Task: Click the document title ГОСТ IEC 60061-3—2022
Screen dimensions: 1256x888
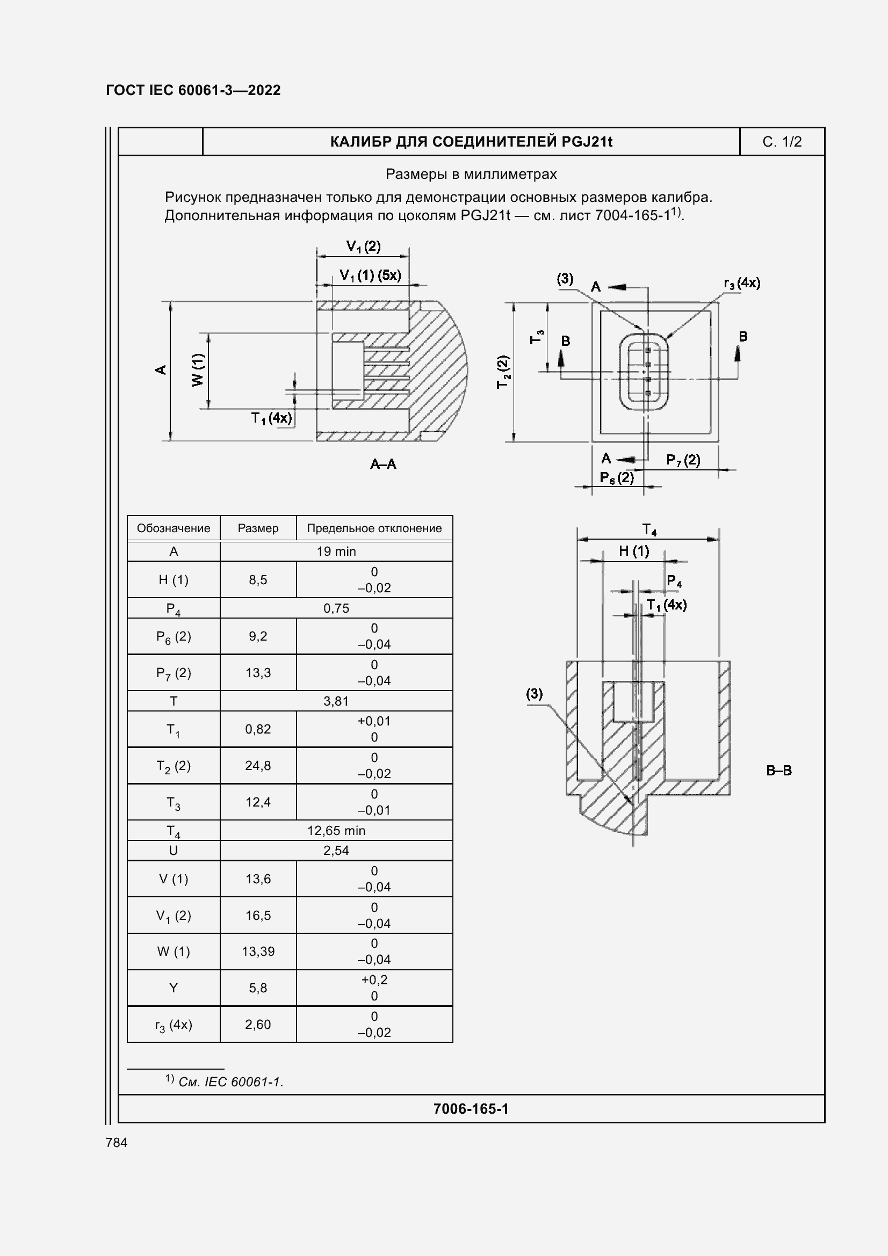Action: pyautogui.click(x=193, y=90)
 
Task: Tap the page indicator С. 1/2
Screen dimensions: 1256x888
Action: pyautogui.click(x=781, y=142)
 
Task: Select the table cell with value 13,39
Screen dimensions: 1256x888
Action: pyautogui.click(x=258, y=952)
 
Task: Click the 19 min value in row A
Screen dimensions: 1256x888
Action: pyautogui.click(x=336, y=551)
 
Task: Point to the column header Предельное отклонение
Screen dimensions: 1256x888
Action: pyautogui.click(x=374, y=528)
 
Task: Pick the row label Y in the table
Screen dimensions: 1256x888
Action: pyautogui.click(x=174, y=988)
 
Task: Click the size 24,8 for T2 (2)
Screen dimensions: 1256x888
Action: pyautogui.click(x=258, y=765)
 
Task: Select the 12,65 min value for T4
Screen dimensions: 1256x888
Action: pyautogui.click(x=336, y=830)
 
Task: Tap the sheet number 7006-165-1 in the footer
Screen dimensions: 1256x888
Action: pyautogui.click(x=471, y=1109)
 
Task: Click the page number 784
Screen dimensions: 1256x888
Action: pyautogui.click(x=117, y=1143)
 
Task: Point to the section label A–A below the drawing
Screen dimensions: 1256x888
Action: pyautogui.click(x=383, y=464)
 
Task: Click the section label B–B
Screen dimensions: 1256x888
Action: pyautogui.click(x=778, y=771)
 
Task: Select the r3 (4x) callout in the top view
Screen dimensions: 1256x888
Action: pyautogui.click(x=741, y=284)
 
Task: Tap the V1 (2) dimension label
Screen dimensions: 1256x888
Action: pyautogui.click(x=363, y=246)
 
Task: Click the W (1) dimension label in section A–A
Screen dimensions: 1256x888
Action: pyautogui.click(x=198, y=370)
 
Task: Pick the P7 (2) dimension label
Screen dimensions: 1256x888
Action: pyautogui.click(x=683, y=460)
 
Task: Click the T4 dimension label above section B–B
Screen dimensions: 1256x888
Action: pyautogui.click(x=649, y=529)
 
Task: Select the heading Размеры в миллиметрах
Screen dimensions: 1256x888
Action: pyautogui.click(x=471, y=175)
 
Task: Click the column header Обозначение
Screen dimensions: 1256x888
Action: pyautogui.click(x=174, y=528)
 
